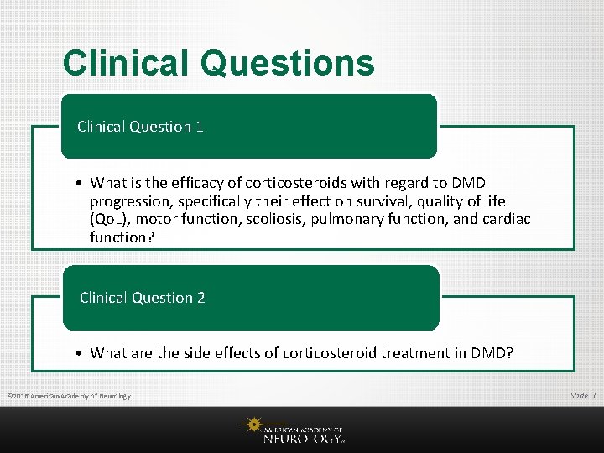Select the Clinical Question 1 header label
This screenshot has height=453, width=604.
click(x=140, y=127)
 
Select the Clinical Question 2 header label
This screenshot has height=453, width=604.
click(x=142, y=298)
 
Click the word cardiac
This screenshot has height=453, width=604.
click(x=506, y=220)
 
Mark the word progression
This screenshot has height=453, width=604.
click(x=129, y=201)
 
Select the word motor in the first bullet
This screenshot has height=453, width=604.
click(x=154, y=220)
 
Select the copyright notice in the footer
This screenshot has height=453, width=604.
click(x=68, y=396)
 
